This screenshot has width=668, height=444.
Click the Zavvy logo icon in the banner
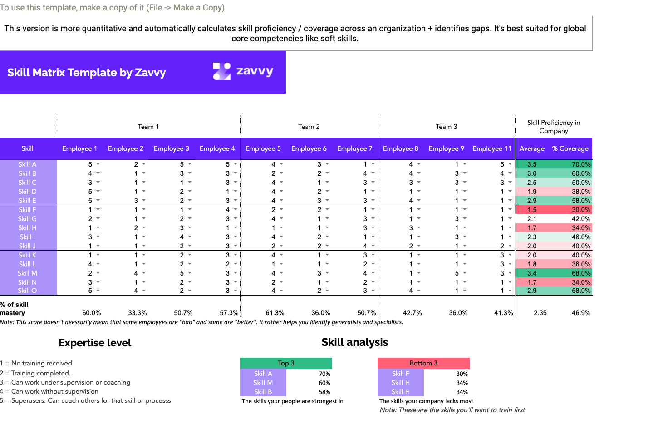[222, 71]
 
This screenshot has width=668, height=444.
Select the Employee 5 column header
[263, 148]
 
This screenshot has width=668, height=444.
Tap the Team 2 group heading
[309, 127]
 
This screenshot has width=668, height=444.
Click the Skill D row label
[28, 192]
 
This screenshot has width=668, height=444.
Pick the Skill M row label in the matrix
[28, 273]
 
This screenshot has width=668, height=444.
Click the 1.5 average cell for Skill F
[532, 210]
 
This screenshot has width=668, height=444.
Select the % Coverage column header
[570, 148]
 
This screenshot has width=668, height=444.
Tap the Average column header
[532, 148]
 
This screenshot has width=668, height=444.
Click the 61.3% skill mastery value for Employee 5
[275, 313]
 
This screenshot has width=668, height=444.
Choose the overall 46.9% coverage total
[581, 313]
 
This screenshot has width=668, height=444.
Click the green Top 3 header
[286, 363]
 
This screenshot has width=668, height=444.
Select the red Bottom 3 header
[423, 363]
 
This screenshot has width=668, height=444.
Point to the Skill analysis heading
[355, 342]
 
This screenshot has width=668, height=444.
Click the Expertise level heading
[95, 343]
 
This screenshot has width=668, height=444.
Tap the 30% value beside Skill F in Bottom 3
[462, 374]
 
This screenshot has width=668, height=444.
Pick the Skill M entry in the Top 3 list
[263, 383]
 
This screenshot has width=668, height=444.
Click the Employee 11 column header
[492, 148]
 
